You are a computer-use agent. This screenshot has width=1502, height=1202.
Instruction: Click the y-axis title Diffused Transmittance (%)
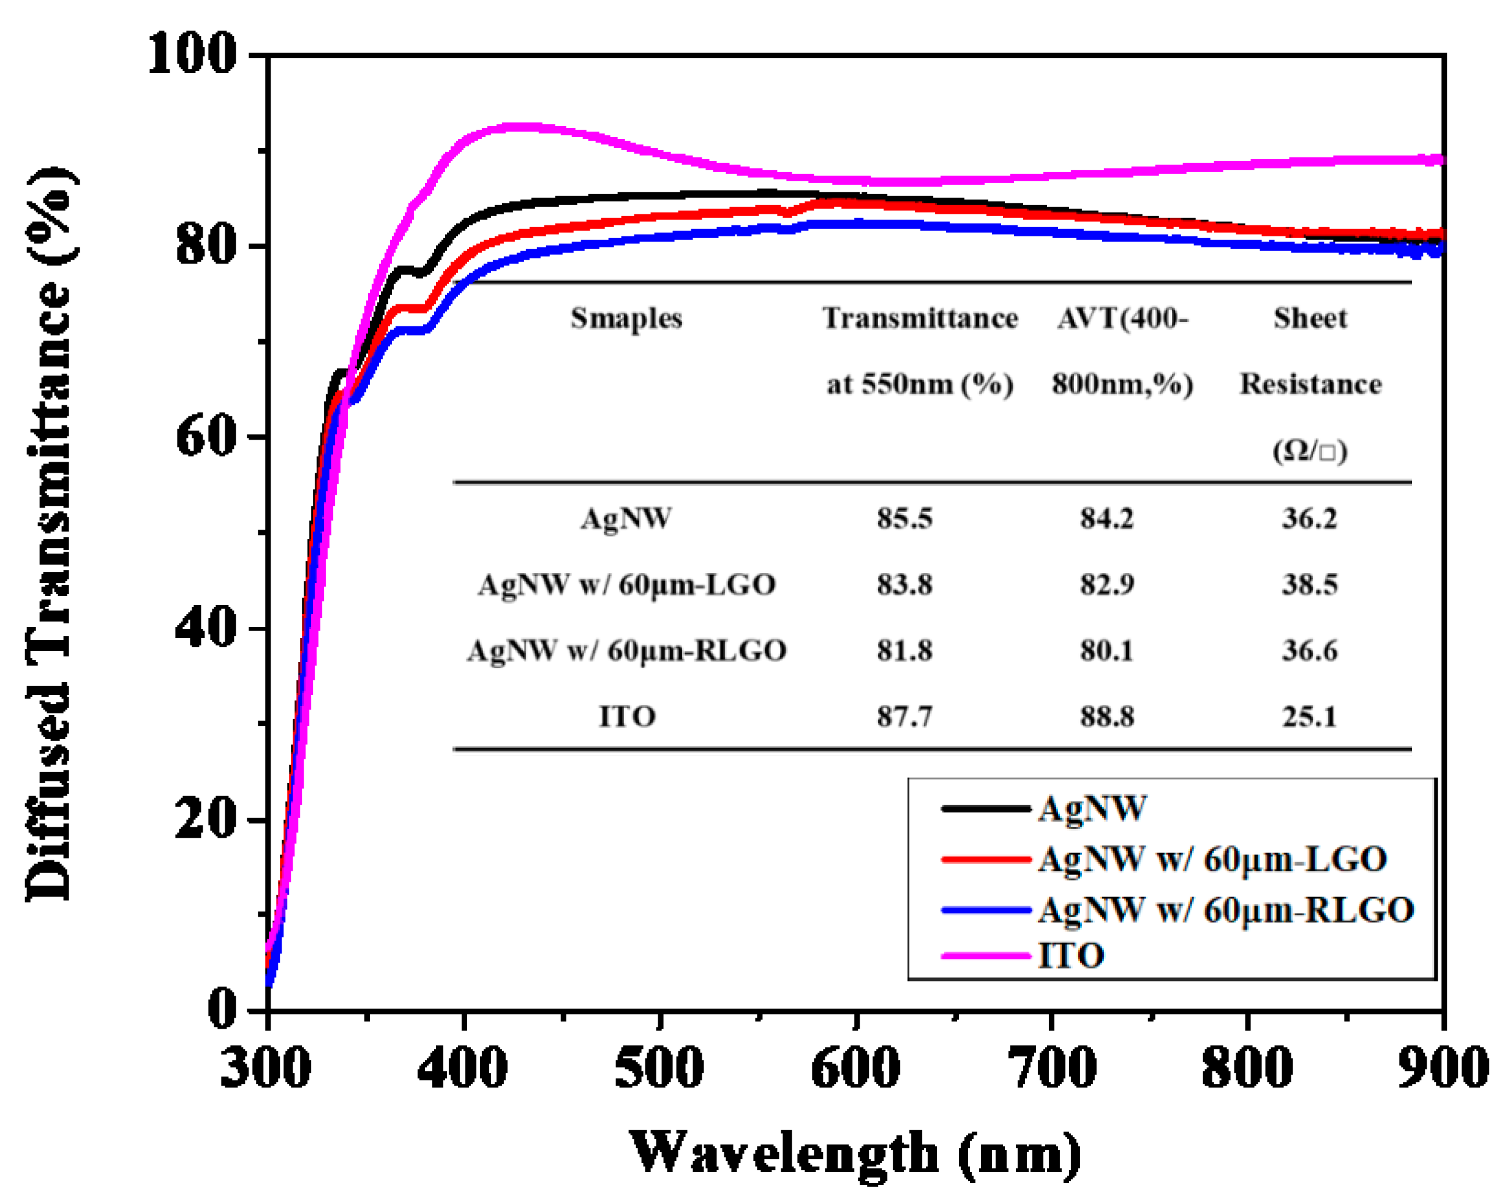tap(50, 533)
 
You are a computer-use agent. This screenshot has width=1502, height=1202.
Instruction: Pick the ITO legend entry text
tap(1071, 955)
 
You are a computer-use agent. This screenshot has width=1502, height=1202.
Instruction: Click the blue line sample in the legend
tap(985, 910)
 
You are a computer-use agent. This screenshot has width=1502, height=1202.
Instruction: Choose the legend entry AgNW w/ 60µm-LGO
tap(1212, 860)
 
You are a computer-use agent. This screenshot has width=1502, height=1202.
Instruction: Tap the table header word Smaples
tap(626, 318)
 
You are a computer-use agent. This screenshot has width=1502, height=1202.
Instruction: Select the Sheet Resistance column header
tap(1310, 351)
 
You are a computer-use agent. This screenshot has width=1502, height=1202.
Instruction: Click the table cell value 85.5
tap(904, 519)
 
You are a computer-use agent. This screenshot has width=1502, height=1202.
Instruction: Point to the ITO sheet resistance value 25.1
tap(1310, 717)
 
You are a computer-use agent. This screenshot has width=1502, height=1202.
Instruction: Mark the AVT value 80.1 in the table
tap(1107, 651)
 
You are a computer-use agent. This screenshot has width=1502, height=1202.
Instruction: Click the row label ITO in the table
tap(627, 717)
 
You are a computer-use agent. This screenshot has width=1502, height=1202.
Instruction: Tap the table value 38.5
tap(1310, 585)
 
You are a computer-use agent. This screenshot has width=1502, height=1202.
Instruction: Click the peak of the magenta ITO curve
tap(519, 127)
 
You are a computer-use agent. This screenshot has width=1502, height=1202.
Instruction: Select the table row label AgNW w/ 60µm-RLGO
tap(627, 651)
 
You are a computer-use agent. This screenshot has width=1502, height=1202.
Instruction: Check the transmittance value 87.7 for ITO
tap(904, 717)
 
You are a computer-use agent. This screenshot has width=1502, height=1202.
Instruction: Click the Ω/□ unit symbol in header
tap(1310, 451)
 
